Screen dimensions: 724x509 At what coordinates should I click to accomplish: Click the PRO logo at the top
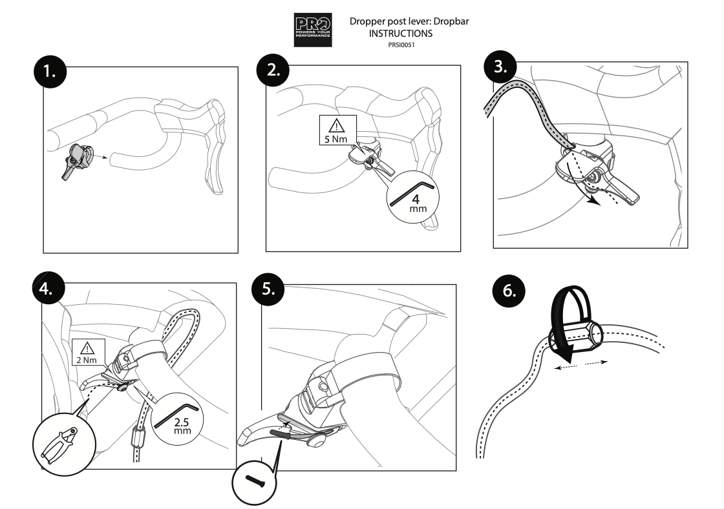pos(313,30)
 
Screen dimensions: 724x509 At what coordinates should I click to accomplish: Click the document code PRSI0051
pos(401,45)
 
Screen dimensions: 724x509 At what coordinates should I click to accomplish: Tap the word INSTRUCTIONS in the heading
pos(400,33)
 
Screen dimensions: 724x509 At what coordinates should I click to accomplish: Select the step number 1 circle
pos(50,72)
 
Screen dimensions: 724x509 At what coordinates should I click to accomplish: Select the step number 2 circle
pos(273,70)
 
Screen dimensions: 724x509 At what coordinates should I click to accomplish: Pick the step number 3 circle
pos(500,66)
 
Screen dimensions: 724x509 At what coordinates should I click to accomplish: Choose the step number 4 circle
pos(48,289)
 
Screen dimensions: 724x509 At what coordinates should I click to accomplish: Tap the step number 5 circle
pos(268,289)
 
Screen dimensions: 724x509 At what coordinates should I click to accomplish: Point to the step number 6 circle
pos(508,291)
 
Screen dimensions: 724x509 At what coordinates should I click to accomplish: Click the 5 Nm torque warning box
pos(338,130)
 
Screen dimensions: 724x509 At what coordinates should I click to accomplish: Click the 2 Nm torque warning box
pos(88,352)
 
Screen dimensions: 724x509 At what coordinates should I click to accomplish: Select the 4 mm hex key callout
pos(413,197)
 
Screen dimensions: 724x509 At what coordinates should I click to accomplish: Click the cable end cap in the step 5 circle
pos(254,481)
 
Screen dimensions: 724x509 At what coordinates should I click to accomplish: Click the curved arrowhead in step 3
pos(595,201)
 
